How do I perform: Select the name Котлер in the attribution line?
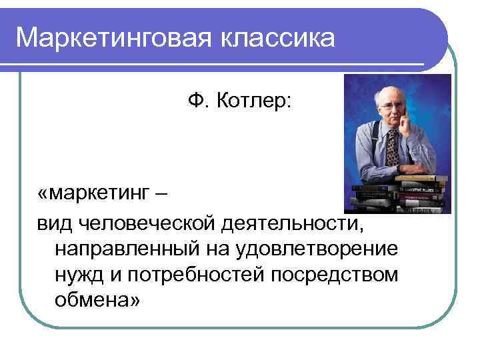pos(255,102)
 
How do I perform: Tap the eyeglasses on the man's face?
pos(391,105)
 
